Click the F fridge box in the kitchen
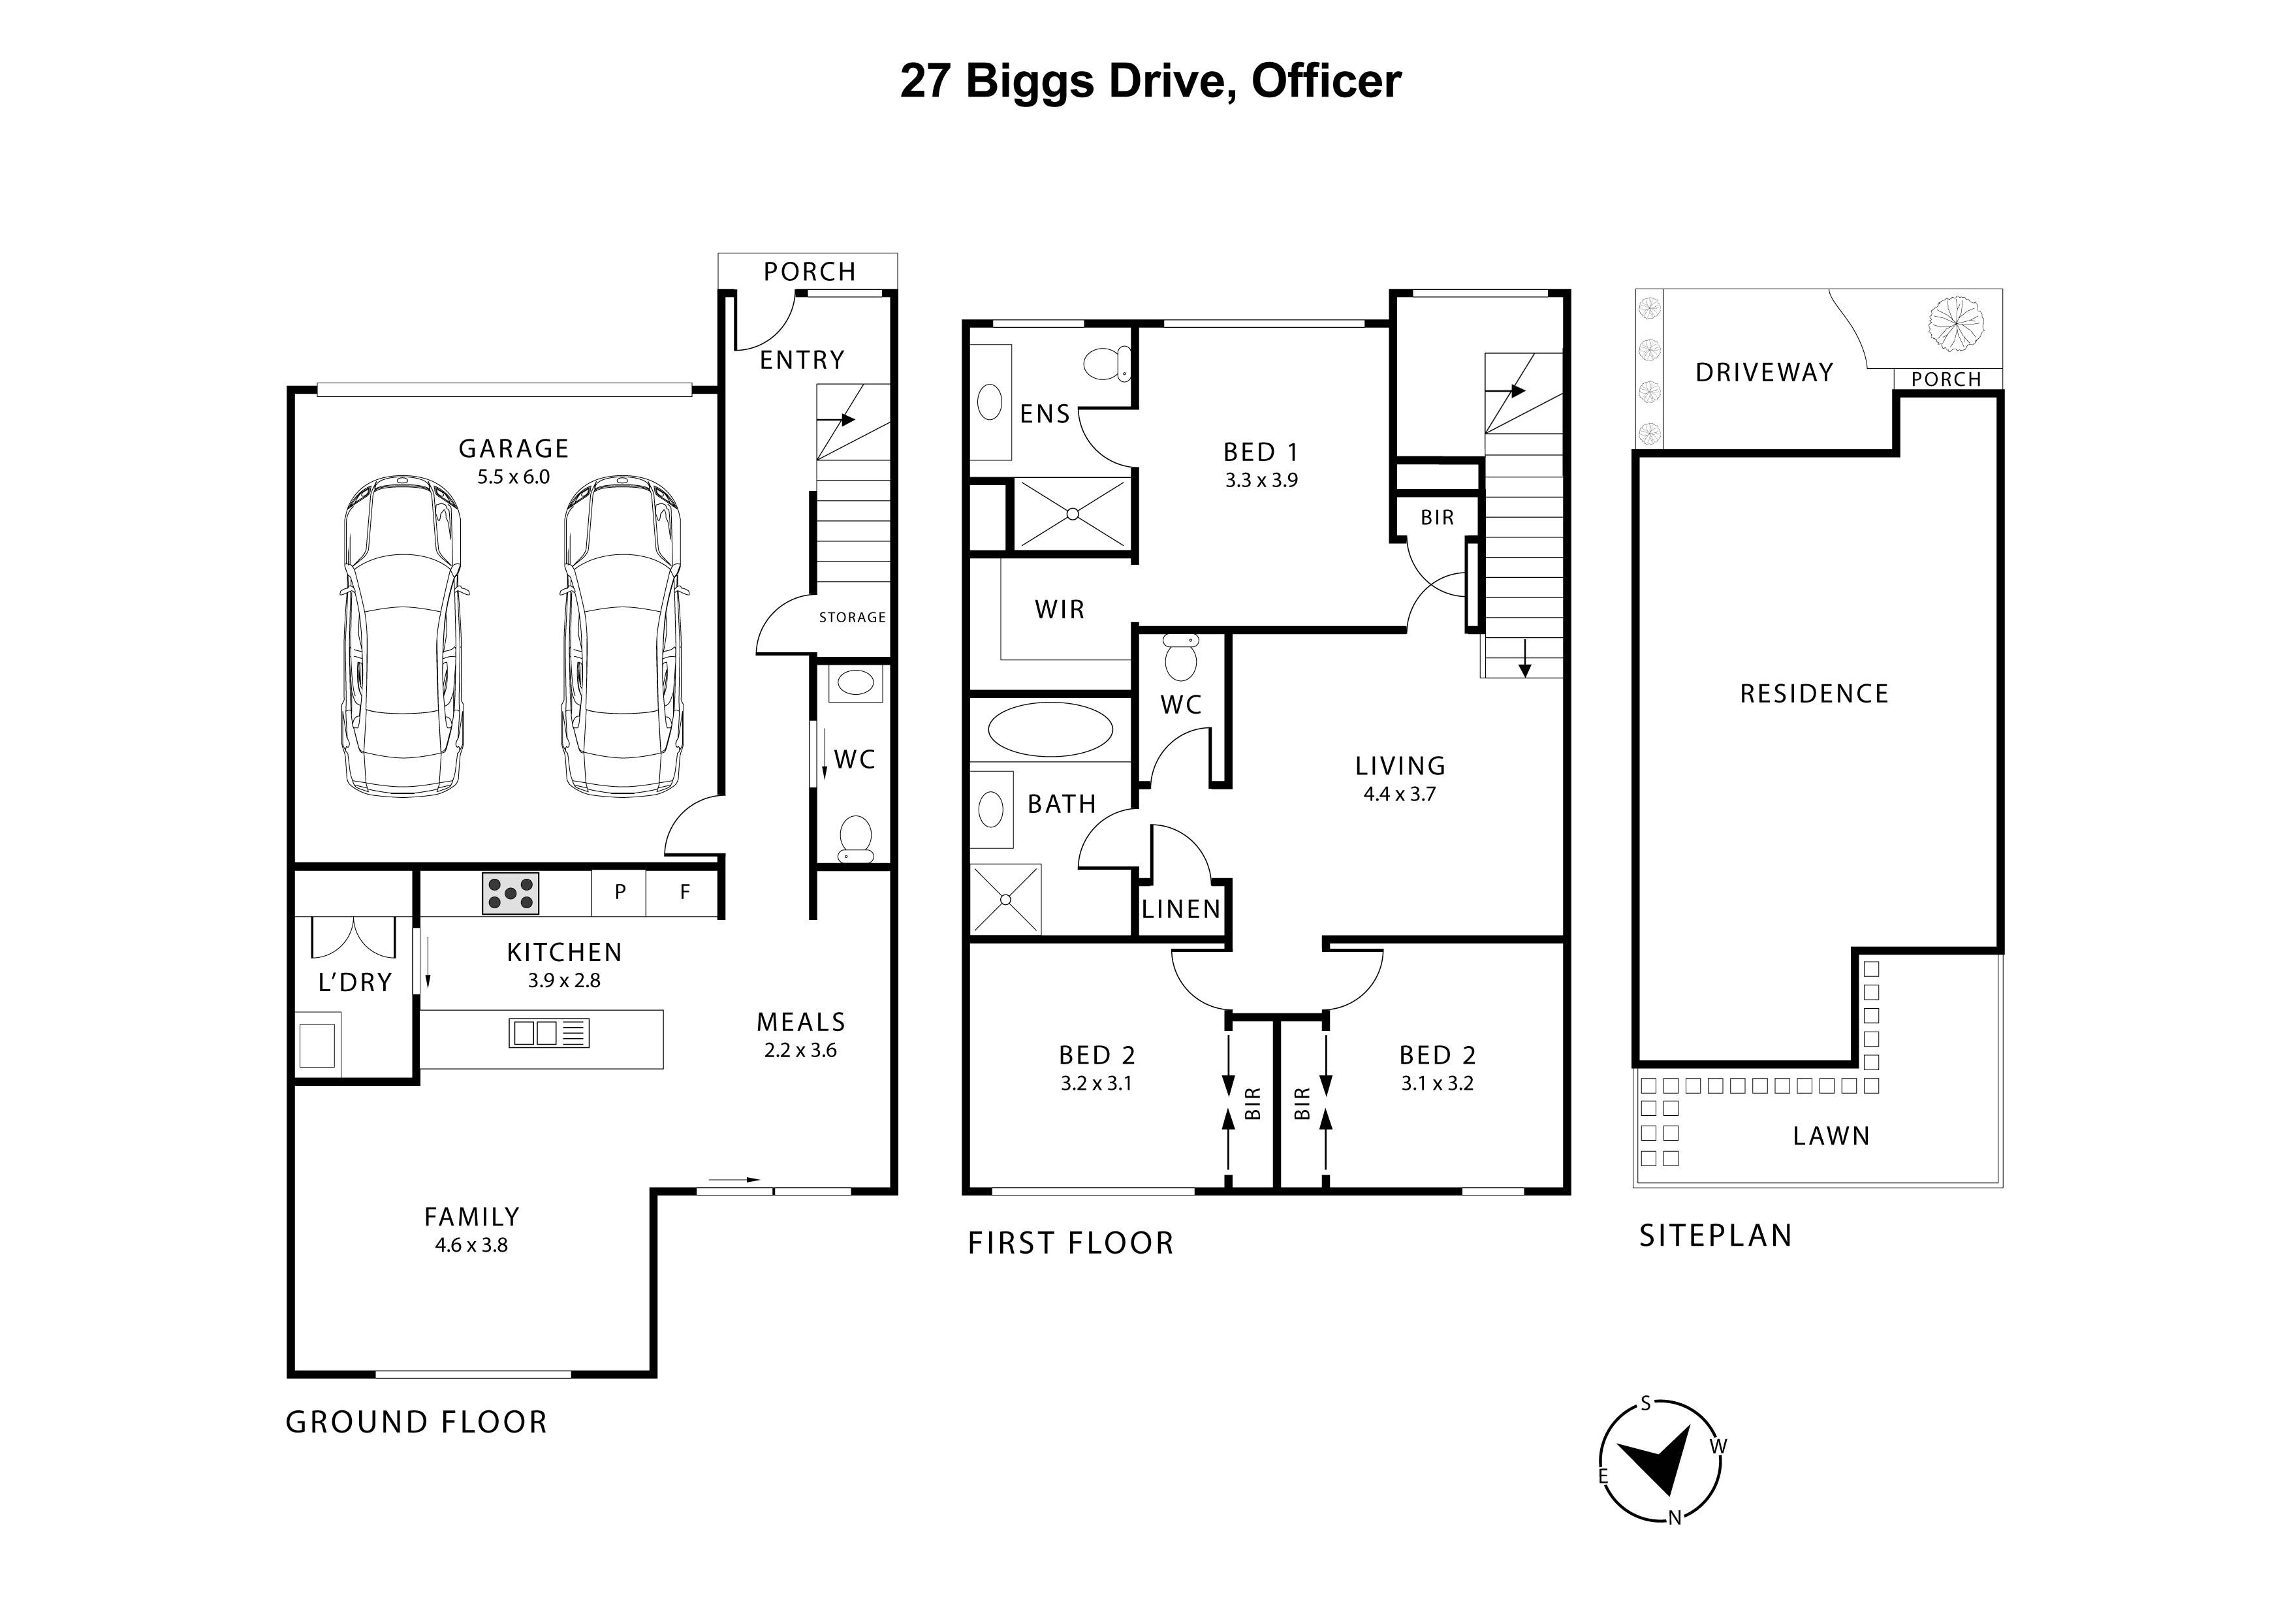click(684, 893)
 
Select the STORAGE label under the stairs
click(852, 617)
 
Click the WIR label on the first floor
click(1059, 609)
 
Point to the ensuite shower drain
click(1073, 513)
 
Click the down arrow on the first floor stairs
click(1524, 659)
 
